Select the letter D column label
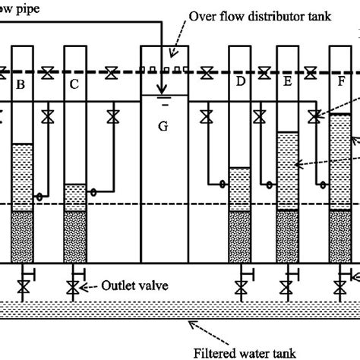click(240, 82)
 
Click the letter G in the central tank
click(163, 126)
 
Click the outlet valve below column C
click(73, 288)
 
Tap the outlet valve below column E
click(287, 288)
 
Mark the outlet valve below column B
click(21, 288)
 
